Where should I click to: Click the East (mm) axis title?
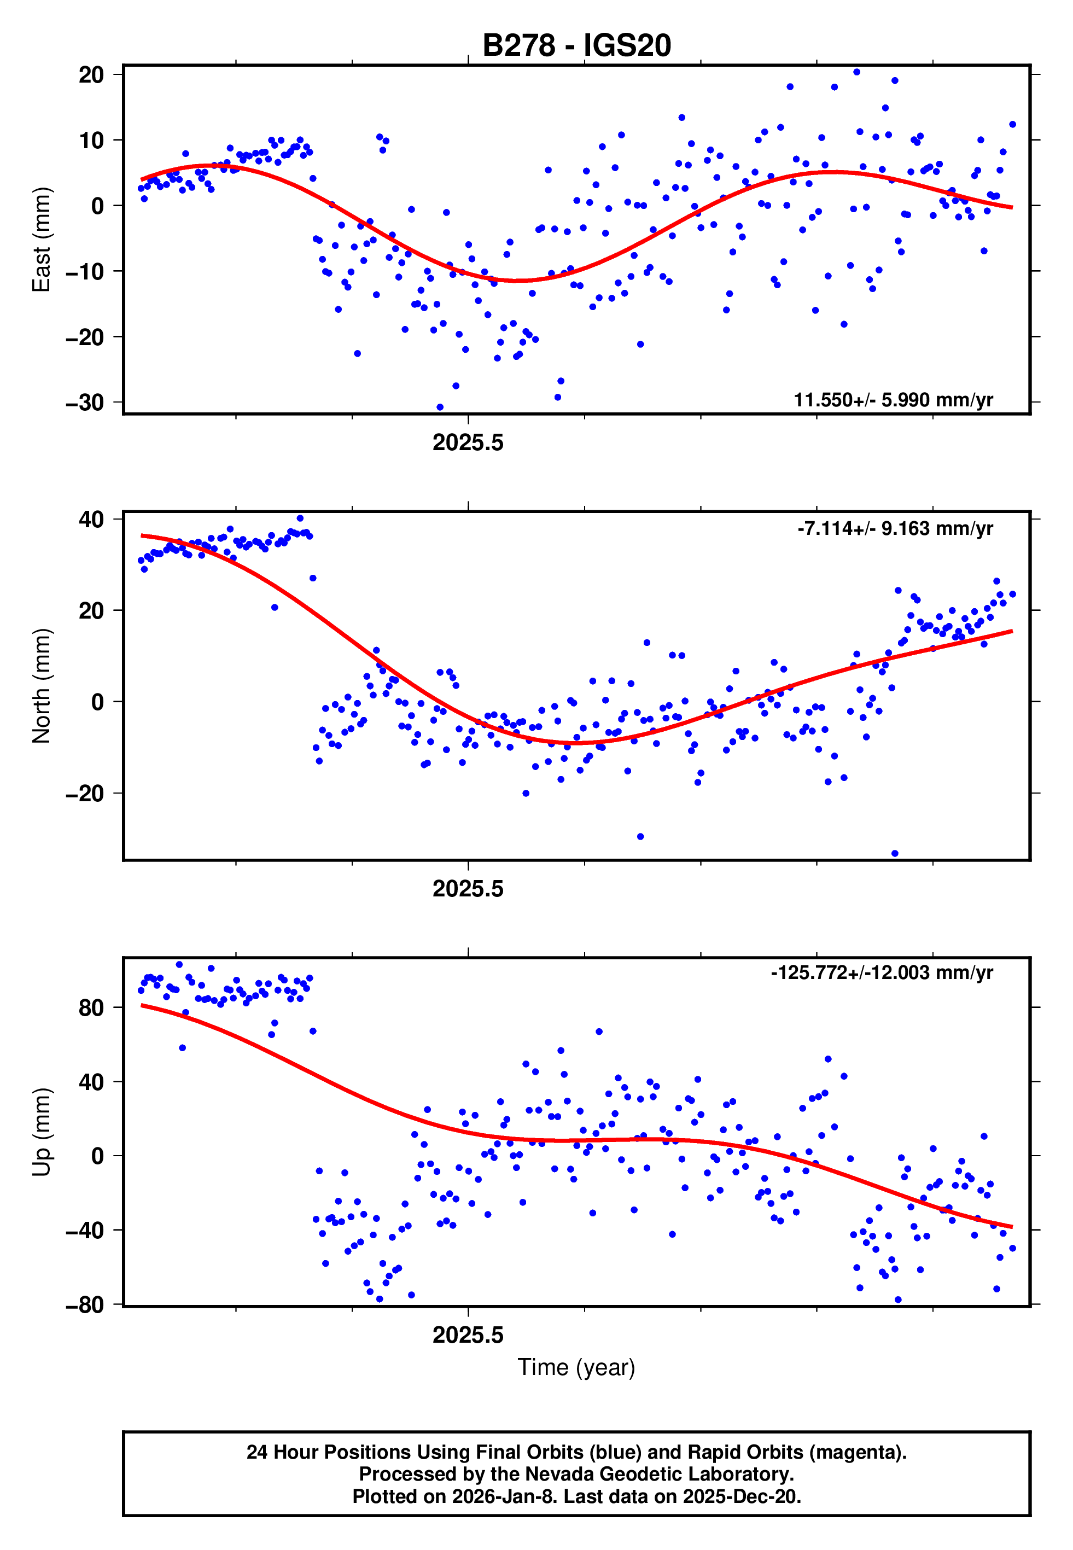(x=42, y=240)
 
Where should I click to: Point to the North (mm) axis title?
(x=42, y=686)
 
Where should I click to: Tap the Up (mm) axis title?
(x=42, y=1132)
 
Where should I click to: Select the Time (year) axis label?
(x=576, y=1367)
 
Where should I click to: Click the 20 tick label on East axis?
(x=91, y=74)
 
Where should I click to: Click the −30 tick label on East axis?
(x=85, y=403)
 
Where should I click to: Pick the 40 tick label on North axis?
(x=91, y=520)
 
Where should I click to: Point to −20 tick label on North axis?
(x=85, y=794)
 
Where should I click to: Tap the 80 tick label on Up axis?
(x=91, y=1007)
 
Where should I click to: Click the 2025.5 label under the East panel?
(x=468, y=443)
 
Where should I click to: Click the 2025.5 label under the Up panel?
(x=468, y=1336)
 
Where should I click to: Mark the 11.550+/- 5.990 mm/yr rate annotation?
(x=893, y=400)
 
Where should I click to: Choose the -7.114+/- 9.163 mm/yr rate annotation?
(x=895, y=528)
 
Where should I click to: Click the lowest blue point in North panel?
(x=895, y=854)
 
